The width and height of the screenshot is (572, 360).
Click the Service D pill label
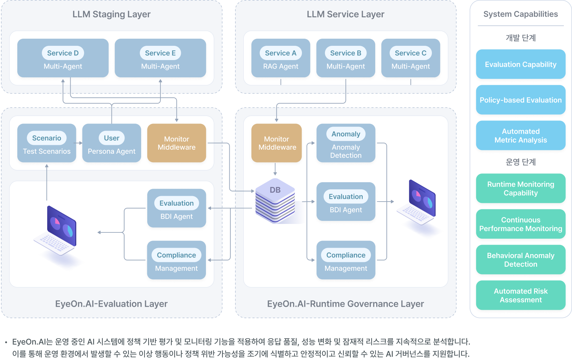coord(63,53)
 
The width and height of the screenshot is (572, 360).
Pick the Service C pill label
coord(411,53)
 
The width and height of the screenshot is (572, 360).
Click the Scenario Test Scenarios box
coord(47,143)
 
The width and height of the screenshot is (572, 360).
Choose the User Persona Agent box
coord(112,143)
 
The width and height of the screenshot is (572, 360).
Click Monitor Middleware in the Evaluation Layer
coord(176,143)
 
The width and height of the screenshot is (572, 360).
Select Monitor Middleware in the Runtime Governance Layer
coord(277,143)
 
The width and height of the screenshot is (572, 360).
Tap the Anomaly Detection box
coord(346,143)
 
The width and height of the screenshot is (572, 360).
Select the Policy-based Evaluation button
coord(520,100)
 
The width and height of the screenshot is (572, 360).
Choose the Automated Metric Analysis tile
coord(520,135)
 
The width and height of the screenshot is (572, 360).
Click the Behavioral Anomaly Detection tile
coord(520,260)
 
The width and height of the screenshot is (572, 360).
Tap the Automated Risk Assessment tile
coord(520,295)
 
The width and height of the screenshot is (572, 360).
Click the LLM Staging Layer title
coord(111,14)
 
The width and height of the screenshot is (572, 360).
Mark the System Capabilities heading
coord(520,14)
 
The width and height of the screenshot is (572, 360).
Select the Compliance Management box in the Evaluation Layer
coord(176,260)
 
